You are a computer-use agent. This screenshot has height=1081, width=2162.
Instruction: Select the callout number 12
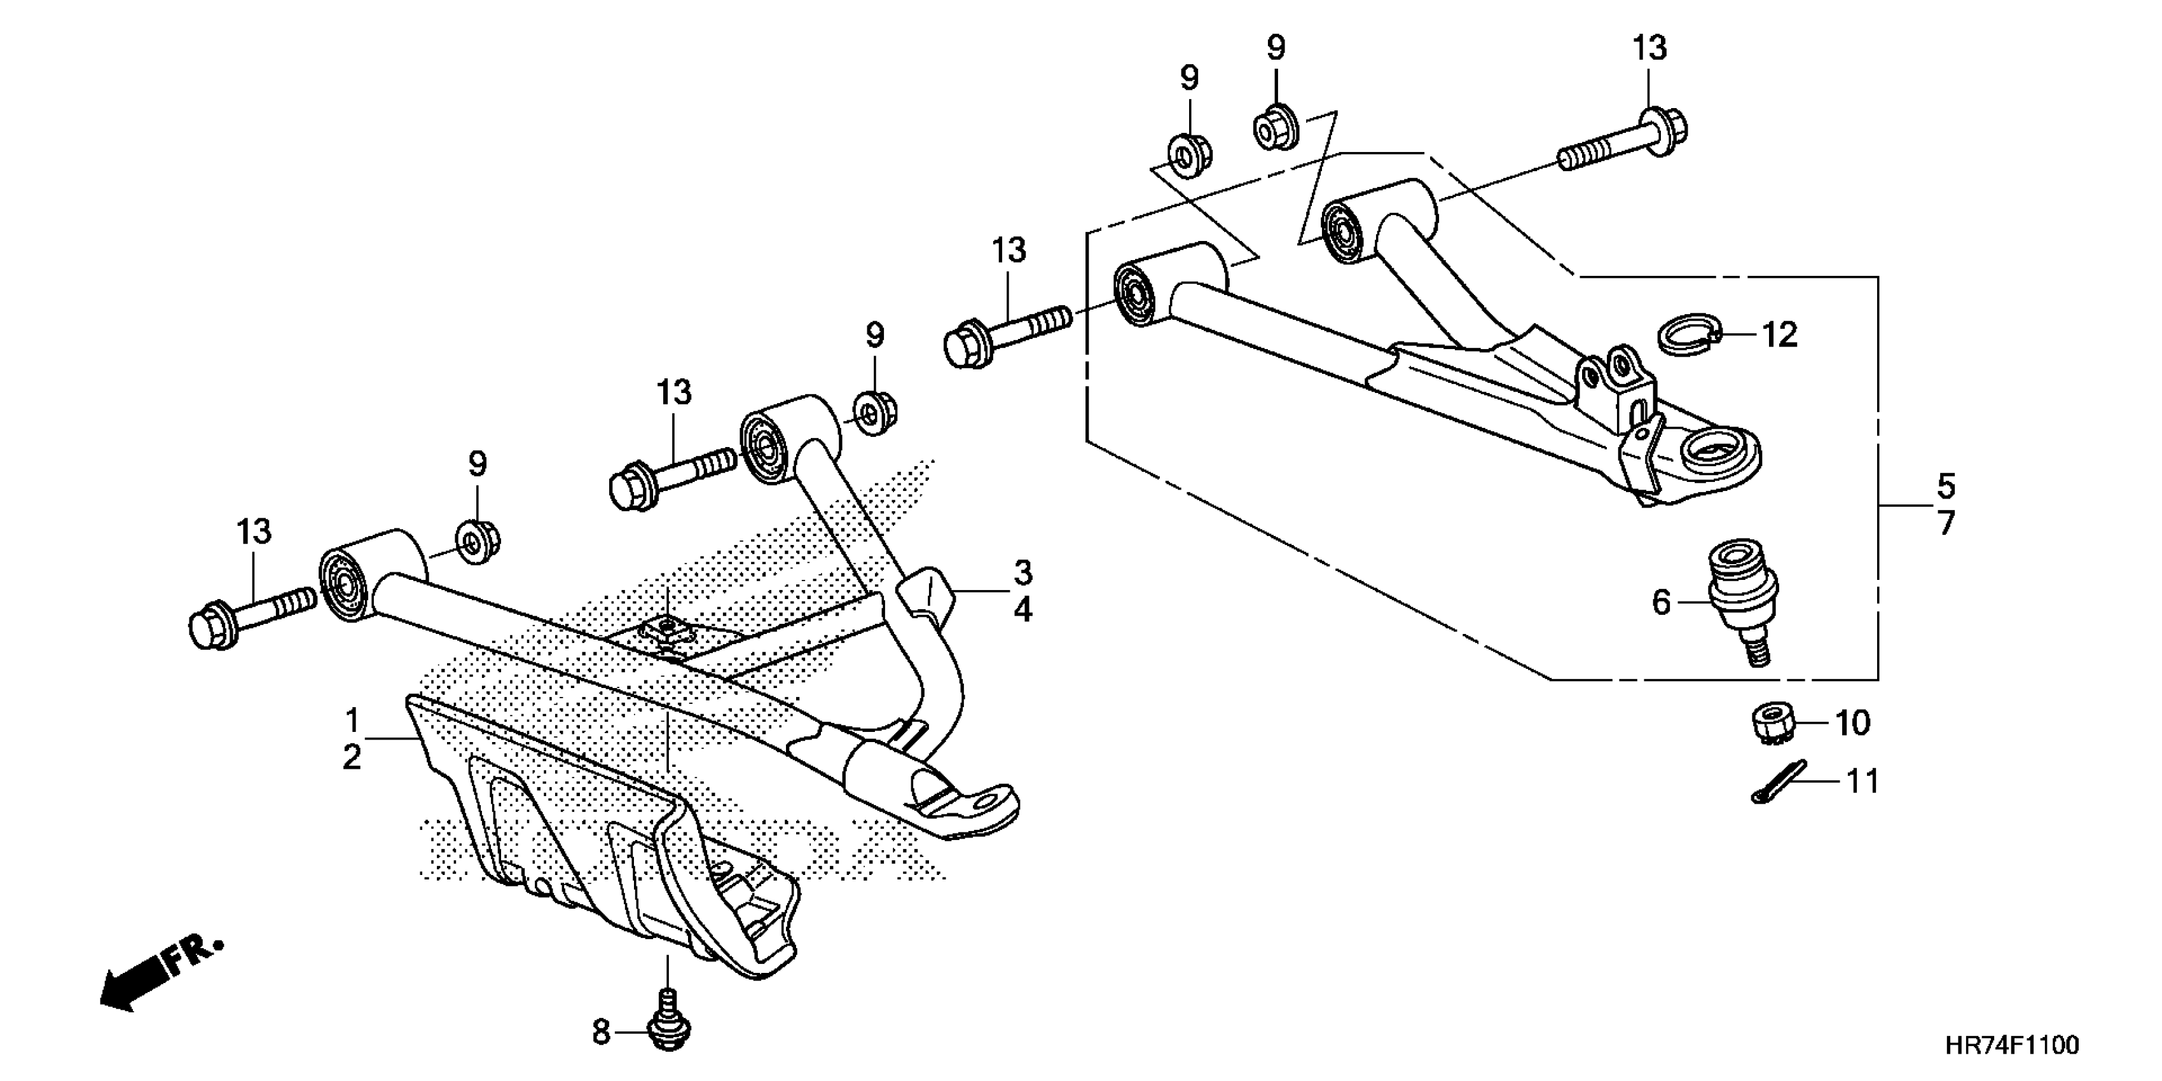1779,335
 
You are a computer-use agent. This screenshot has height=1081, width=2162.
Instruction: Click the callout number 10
1852,722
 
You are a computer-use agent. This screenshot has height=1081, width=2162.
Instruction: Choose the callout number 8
601,1032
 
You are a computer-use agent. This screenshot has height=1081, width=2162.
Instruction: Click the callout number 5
1945,486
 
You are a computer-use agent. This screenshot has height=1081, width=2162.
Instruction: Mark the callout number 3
1022,573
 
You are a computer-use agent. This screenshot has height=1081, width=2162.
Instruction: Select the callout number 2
352,758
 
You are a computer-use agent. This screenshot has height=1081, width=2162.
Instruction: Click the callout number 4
1022,610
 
